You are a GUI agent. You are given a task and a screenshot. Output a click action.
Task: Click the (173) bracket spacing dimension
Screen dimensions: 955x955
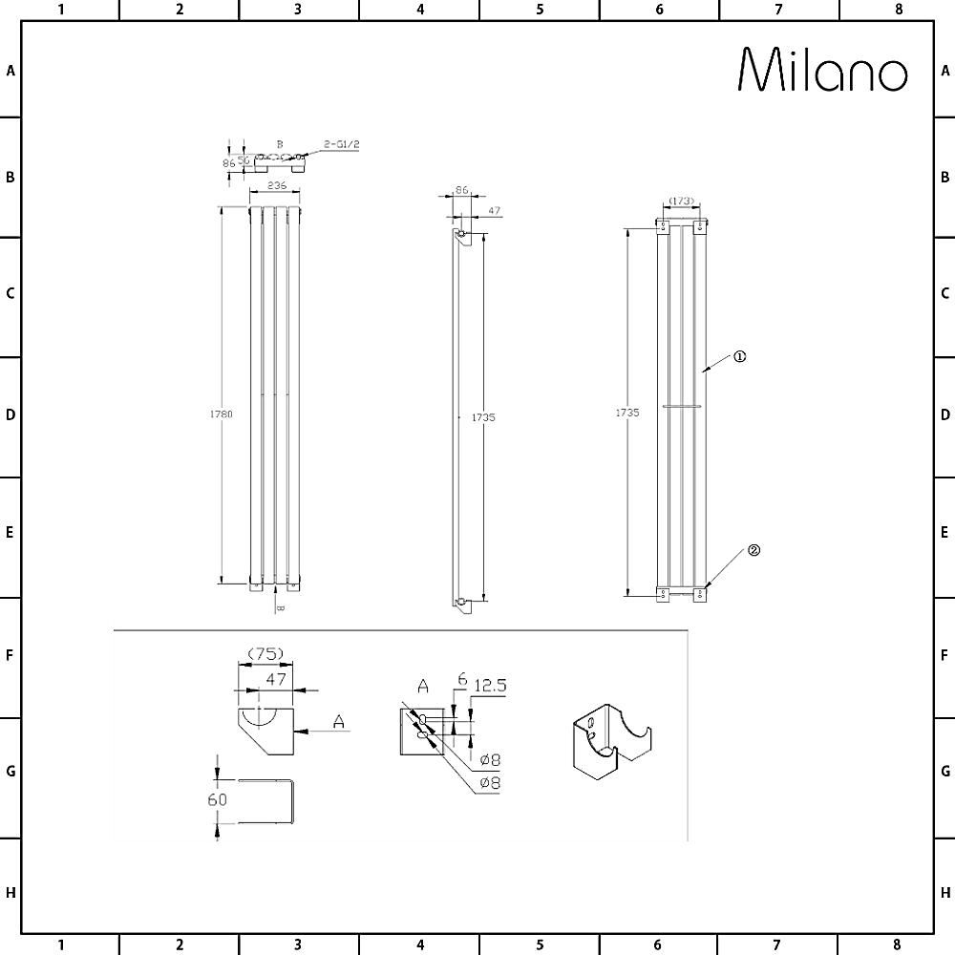(680, 202)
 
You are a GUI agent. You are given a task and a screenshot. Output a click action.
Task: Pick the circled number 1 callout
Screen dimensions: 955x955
(739, 356)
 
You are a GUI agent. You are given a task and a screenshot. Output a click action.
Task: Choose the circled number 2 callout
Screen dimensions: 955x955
(753, 550)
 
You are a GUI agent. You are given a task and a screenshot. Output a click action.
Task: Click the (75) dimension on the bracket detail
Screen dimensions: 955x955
(265, 653)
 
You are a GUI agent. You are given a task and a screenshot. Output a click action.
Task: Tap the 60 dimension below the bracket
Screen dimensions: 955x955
(218, 799)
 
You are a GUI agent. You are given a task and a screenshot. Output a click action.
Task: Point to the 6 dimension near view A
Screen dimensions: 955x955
(461, 679)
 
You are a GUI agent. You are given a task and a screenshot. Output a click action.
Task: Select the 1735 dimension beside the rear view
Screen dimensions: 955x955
(626, 413)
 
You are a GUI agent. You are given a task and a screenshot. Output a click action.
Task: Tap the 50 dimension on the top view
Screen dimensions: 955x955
(244, 160)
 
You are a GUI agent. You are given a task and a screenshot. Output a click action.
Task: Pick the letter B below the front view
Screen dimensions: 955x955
(280, 607)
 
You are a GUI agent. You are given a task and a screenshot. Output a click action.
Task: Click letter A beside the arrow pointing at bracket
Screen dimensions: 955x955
(338, 723)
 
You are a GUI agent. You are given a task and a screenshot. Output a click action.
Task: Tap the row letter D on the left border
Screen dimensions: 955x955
(10, 415)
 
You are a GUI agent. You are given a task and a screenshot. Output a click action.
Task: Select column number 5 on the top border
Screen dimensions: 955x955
(540, 10)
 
